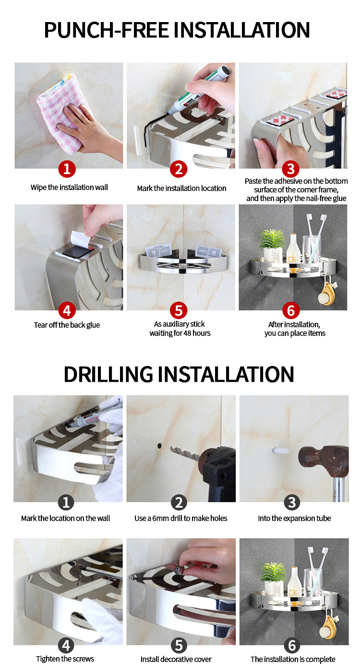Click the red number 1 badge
click(x=67, y=169)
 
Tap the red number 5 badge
click(x=179, y=310)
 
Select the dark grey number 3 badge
click(x=292, y=503)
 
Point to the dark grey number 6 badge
click(x=292, y=646)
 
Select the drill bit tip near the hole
click(x=172, y=449)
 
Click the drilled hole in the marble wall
click(x=159, y=445)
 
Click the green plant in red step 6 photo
click(x=272, y=239)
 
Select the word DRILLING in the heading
click(x=108, y=374)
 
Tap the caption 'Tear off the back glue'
click(x=67, y=325)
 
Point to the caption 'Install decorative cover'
click(x=176, y=659)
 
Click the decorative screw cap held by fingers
click(x=179, y=568)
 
